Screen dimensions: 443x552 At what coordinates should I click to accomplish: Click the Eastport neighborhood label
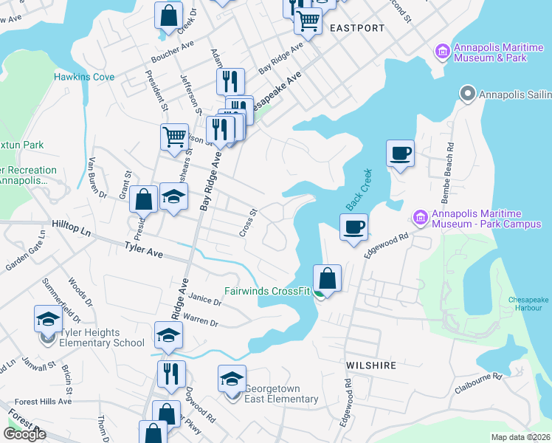click(x=357, y=28)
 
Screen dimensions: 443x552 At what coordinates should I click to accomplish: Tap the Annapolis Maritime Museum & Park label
click(x=490, y=52)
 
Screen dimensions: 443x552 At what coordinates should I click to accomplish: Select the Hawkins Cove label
click(x=84, y=77)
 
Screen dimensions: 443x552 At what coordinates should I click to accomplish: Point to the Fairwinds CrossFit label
click(x=269, y=291)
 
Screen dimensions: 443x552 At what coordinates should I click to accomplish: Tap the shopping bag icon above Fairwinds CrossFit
click(x=328, y=278)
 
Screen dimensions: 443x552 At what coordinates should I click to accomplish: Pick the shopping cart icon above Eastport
click(x=308, y=21)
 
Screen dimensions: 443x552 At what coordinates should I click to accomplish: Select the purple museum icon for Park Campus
click(x=420, y=217)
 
